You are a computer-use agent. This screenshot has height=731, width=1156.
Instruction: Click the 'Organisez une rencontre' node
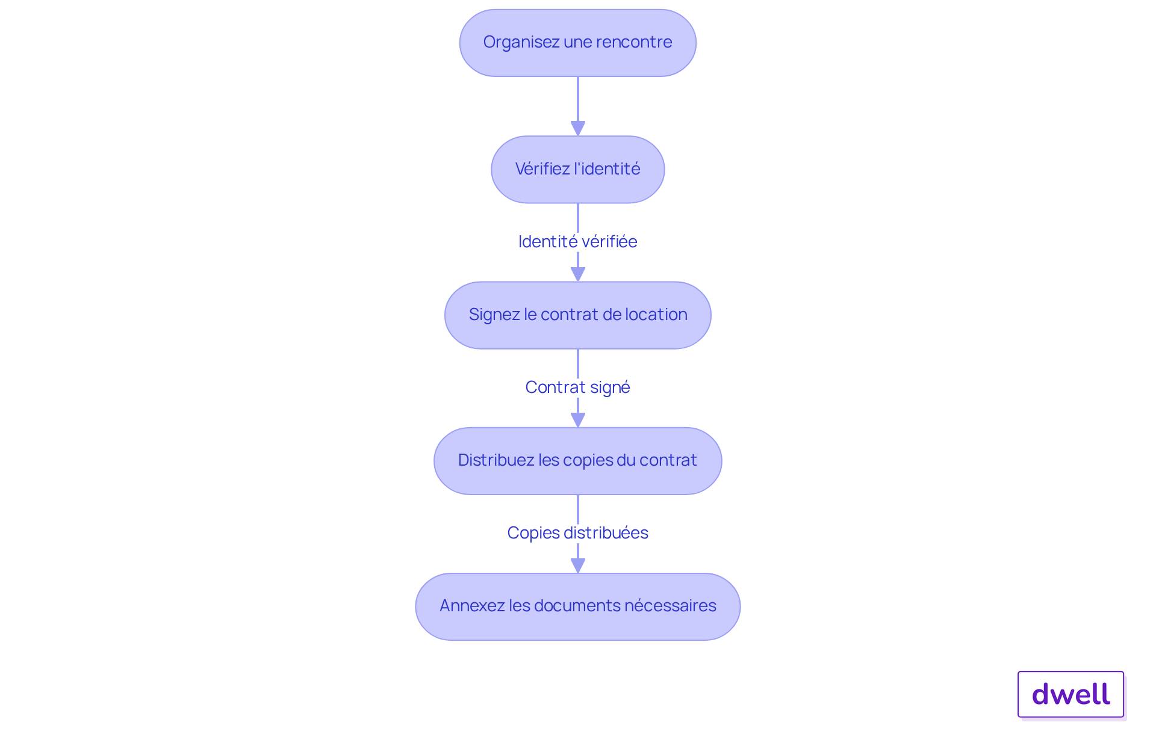[578, 43]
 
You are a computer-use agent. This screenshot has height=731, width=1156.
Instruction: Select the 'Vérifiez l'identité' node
[578, 170]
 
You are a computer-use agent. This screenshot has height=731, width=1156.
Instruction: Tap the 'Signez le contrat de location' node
[578, 315]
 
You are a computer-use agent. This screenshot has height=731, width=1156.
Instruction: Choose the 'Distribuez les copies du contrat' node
[578, 461]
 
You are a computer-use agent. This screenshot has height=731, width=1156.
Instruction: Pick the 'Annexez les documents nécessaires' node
[578, 606]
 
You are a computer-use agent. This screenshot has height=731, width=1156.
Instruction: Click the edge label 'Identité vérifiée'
[578, 242]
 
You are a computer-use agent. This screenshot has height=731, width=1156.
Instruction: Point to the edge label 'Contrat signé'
[578, 387]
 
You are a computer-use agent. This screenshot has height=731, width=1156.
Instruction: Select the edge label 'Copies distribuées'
[578, 533]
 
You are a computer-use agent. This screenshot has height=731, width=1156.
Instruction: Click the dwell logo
[1071, 694]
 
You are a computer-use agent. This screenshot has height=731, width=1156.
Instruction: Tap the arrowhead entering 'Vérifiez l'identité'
[578, 129]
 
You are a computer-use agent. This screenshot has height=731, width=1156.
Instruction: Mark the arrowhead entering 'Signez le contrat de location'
[578, 274]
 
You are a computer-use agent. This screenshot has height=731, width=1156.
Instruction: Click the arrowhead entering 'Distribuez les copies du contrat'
[578, 420]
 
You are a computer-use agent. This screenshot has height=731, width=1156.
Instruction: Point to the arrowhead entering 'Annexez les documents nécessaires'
[578, 566]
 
